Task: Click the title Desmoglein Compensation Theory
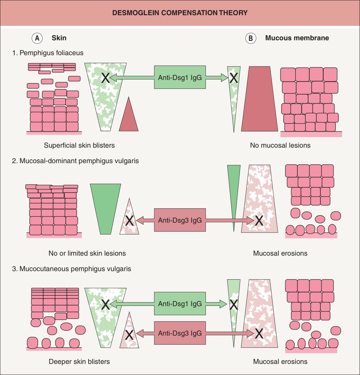pos(180,13)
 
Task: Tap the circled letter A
pos(37,38)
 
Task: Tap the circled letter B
pos(251,38)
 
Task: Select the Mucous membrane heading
pos(297,38)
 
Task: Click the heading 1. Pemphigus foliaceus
pos(48,53)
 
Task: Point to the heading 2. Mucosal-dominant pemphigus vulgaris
pos(75,161)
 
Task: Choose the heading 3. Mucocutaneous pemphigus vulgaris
pos(71,268)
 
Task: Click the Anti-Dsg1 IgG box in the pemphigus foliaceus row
pos(180,77)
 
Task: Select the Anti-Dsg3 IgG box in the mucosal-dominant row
pos(180,220)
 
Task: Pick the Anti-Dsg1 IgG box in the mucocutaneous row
pos(180,304)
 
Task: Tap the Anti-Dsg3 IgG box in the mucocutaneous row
pos(180,333)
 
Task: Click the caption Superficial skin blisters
pos(79,145)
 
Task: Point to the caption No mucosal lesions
pos(280,145)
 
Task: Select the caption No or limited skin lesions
pos(87,253)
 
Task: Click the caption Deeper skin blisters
pos(79,362)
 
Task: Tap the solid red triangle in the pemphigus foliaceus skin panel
pos(129,119)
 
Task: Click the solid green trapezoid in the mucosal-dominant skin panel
pos(106,209)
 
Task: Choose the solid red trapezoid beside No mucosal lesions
pos(259,99)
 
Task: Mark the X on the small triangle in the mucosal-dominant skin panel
pos(129,220)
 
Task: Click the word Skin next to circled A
pos(59,38)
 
